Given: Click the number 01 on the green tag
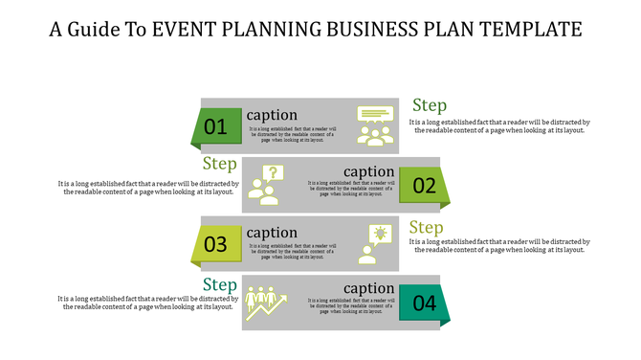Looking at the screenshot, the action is (x=215, y=126).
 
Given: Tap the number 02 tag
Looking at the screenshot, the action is (x=424, y=186).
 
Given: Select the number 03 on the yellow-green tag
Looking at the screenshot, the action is (x=215, y=244).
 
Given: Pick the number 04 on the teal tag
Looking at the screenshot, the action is (x=424, y=304).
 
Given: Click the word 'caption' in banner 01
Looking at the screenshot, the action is (x=272, y=115).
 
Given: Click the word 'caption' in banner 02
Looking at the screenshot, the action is (x=368, y=172).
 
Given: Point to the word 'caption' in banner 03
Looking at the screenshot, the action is (x=272, y=233).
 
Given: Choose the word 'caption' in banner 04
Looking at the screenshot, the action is (x=368, y=289).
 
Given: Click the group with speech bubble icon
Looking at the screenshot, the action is (x=375, y=125).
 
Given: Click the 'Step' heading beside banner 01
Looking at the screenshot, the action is (x=430, y=106).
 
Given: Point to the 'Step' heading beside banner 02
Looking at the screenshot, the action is (x=220, y=165).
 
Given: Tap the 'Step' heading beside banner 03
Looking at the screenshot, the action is (x=427, y=228).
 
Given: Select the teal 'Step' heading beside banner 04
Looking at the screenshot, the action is (x=220, y=285).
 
